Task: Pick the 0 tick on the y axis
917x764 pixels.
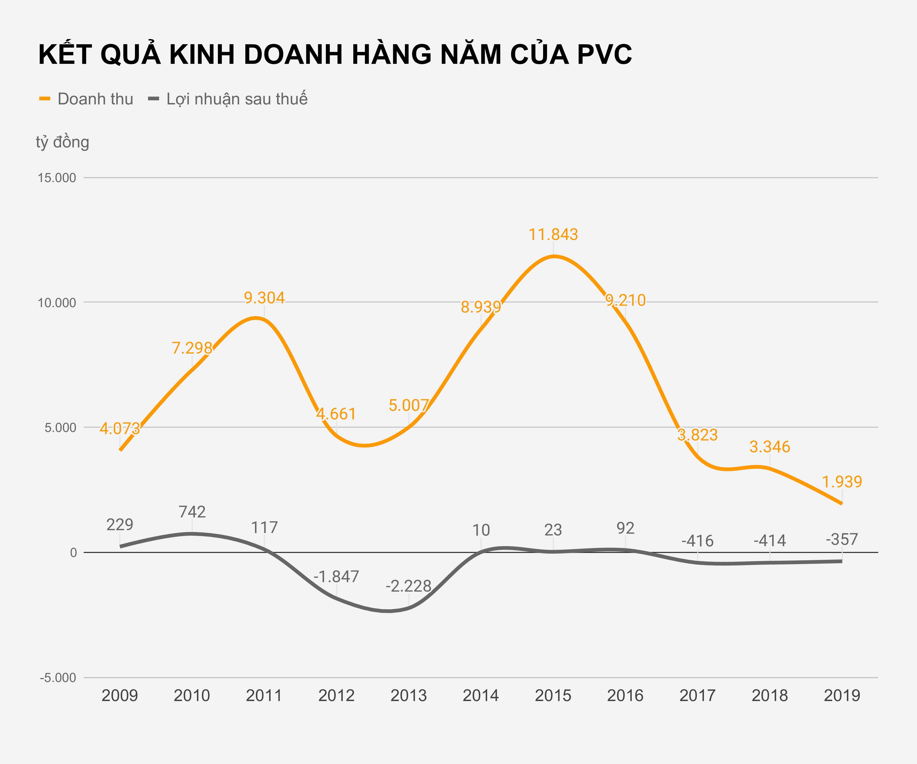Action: [73, 553]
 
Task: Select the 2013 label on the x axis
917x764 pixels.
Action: [408, 696]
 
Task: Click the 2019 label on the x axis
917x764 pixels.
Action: [842, 696]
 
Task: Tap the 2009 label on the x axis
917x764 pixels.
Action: [120, 696]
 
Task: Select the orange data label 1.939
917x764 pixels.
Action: [842, 482]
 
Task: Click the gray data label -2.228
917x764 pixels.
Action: [408, 586]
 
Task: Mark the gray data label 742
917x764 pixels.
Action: [192, 512]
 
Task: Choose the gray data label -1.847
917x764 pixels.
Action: [336, 577]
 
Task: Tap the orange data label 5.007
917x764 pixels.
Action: [408, 406]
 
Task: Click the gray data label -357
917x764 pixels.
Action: [842, 540]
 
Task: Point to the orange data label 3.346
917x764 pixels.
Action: [769, 447]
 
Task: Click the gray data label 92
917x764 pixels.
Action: [625, 528]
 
